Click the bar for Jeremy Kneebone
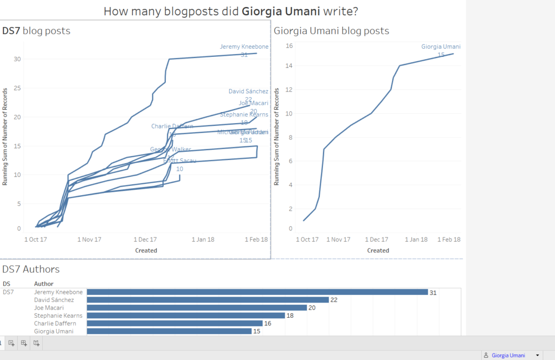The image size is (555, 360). pos(257,292)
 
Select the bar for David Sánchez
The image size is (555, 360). pos(208,300)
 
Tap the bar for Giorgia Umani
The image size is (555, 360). pos(169,331)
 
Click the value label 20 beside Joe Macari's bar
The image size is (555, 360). pos(312,307)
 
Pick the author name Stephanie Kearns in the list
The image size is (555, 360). pos(55,316)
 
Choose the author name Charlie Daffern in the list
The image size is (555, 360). pos(55,323)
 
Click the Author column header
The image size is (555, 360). pos(43,284)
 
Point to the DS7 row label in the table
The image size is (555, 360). pos(8,292)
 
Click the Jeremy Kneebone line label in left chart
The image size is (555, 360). pos(244,47)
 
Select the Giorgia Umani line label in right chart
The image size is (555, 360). pos(441,47)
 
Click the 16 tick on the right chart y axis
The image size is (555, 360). pos(289,46)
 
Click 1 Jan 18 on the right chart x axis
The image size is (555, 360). pos(415,239)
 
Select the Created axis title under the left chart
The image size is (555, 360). pos(146,250)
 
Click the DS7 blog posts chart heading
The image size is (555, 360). pos(36,31)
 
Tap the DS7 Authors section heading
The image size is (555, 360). pos(31,269)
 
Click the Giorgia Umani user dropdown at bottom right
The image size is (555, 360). pos(512,355)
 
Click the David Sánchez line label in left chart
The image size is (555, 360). pos(248,92)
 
